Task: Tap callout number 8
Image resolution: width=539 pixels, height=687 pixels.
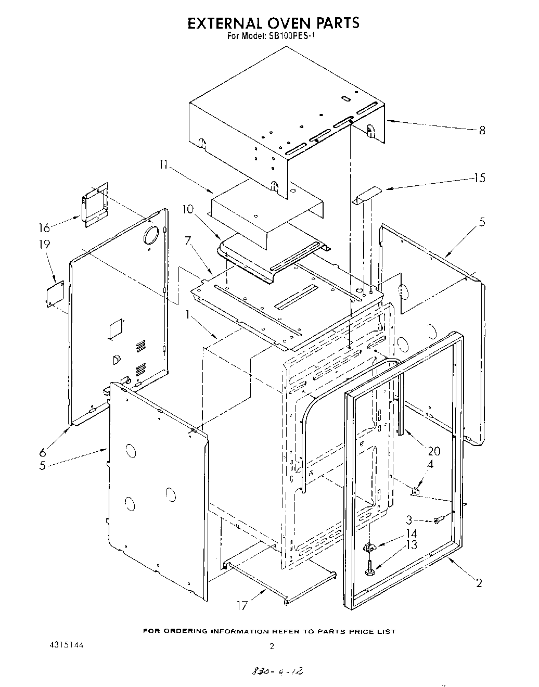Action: pyautogui.click(x=482, y=130)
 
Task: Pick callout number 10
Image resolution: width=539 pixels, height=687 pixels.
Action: pyautogui.click(x=187, y=209)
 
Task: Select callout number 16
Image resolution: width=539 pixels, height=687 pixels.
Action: pyautogui.click(x=45, y=227)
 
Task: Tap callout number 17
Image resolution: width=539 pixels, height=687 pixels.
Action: pyautogui.click(x=242, y=606)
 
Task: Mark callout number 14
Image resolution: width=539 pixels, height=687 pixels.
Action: pyautogui.click(x=412, y=533)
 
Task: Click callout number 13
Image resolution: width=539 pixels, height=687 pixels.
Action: pyautogui.click(x=412, y=545)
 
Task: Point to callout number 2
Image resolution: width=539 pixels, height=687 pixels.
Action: pyautogui.click(x=479, y=583)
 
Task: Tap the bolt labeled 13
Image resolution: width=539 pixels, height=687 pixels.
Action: pyautogui.click(x=368, y=568)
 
